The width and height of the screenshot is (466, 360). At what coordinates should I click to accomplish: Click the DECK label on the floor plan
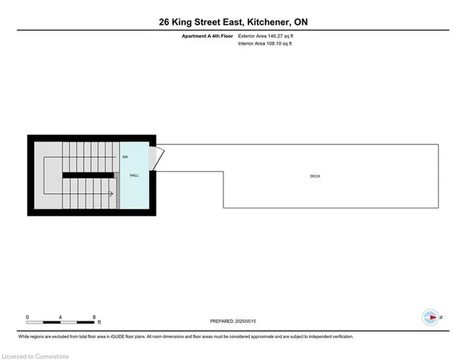315,176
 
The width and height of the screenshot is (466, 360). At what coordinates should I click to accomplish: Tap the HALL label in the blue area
134,176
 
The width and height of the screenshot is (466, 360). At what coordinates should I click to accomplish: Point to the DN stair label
125,157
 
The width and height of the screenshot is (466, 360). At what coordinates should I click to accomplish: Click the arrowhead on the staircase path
111,194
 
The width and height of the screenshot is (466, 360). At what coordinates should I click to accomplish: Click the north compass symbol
430,317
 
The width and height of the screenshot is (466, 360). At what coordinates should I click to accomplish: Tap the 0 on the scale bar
27,316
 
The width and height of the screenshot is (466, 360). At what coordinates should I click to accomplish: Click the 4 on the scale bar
61,316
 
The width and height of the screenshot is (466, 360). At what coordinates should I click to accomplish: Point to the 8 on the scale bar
95,316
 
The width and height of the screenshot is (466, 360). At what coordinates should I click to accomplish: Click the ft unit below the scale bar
99,322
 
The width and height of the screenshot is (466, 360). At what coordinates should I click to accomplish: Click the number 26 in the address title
166,22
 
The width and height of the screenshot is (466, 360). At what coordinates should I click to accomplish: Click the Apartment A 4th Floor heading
207,35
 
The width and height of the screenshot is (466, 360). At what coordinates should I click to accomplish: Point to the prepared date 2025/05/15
246,320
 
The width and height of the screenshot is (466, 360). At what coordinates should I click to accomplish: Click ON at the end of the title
300,22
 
